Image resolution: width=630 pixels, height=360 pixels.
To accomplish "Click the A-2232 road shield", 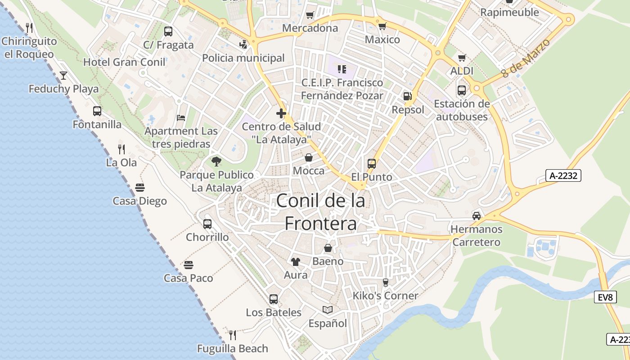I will [563, 175].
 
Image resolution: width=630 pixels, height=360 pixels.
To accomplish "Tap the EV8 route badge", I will [605, 297].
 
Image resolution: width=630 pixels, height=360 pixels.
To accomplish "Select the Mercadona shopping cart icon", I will [310, 15].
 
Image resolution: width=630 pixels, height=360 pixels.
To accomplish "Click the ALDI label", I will [462, 71].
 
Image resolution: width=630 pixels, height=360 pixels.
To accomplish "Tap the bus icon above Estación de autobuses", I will [462, 90].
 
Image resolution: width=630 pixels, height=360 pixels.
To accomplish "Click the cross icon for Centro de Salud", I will [282, 113].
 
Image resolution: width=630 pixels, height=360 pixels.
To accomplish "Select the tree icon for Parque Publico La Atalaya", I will [216, 161].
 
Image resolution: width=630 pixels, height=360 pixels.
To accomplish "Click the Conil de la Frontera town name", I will [320, 211].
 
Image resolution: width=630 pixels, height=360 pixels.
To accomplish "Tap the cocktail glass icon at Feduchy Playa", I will [63, 75].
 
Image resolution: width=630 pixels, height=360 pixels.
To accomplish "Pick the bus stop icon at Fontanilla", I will [97, 111].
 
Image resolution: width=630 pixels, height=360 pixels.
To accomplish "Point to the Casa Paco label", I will [188, 278].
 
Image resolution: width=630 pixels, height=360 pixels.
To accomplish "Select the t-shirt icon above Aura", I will [296, 261].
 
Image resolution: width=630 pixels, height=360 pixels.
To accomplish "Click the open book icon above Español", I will [328, 310].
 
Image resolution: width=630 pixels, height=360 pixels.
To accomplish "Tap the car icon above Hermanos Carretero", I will [477, 216].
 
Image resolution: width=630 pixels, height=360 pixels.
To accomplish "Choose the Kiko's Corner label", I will [385, 296].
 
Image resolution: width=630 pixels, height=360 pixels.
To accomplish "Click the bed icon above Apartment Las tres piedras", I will [181, 118].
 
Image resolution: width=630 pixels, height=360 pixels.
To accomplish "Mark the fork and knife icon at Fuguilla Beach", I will [233, 335].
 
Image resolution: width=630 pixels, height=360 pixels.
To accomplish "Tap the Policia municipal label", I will [243, 58].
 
